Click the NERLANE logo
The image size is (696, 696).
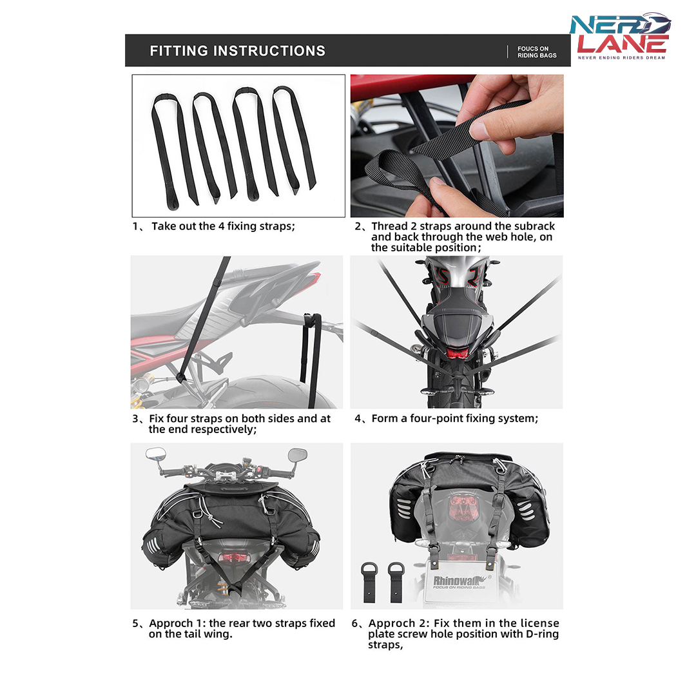click(x=621, y=36)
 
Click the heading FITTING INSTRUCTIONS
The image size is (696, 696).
click(x=237, y=51)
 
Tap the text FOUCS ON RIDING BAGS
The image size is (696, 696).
click(x=537, y=52)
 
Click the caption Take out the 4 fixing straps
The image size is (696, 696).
click(x=223, y=226)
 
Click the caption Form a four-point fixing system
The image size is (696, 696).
click(x=454, y=419)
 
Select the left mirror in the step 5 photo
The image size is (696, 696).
click(x=156, y=454)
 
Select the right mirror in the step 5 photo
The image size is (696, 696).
click(x=297, y=454)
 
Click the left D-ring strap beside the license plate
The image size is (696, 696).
click(x=369, y=582)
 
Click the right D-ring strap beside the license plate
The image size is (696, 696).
click(x=396, y=582)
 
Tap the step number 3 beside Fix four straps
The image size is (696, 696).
click(x=135, y=419)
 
